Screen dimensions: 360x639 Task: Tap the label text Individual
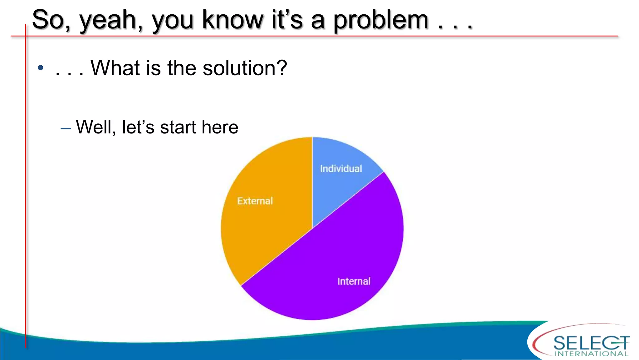click(341, 169)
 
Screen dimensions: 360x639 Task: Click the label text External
click(255, 201)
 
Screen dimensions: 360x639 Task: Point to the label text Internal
click(354, 281)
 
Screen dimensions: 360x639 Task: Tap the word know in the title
click(232, 20)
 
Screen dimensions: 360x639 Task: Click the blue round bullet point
click(40, 68)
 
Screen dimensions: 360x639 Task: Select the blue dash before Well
click(66, 128)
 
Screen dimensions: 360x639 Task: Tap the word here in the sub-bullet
click(220, 127)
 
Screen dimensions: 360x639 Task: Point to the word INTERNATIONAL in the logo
click(591, 354)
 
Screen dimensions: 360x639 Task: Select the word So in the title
click(50, 20)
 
